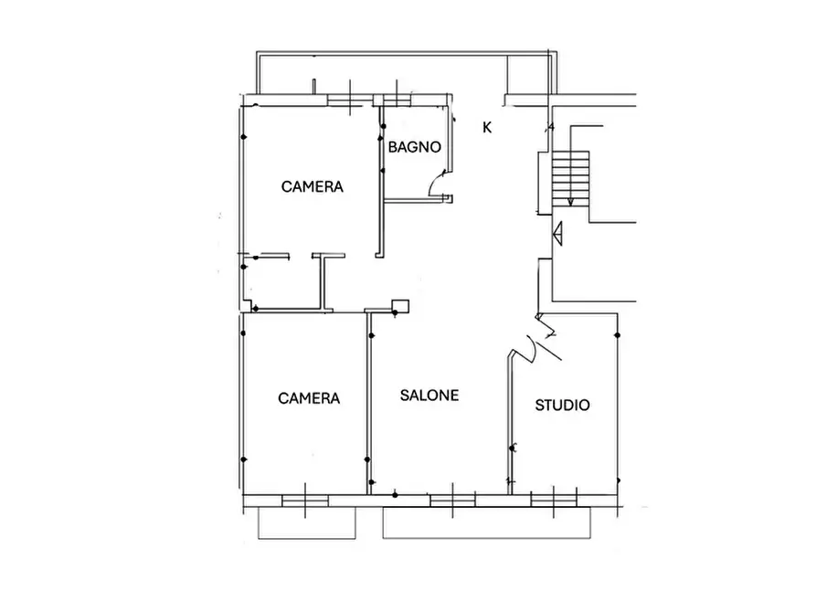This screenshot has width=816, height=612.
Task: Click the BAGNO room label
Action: (x=414, y=147)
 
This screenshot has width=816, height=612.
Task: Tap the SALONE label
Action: (x=429, y=396)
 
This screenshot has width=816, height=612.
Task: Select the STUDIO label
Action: (x=563, y=406)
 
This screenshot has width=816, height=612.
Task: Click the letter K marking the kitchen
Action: (x=487, y=128)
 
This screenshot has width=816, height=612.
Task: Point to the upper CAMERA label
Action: (x=313, y=187)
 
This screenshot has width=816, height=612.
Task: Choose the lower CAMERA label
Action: (x=309, y=398)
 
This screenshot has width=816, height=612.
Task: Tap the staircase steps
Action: (x=570, y=177)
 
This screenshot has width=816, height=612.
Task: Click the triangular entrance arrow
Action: (x=558, y=234)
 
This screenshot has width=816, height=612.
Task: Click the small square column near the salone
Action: (x=400, y=306)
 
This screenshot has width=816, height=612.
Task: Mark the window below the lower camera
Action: (x=305, y=501)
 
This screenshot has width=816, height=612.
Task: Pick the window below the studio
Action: (x=554, y=501)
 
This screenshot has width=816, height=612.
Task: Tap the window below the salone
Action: (x=452, y=501)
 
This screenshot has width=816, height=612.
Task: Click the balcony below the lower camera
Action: (x=307, y=523)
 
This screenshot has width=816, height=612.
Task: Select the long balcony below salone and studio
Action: (x=486, y=523)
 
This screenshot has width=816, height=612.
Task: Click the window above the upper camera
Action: (x=350, y=100)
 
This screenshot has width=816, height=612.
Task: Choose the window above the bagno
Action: (x=397, y=100)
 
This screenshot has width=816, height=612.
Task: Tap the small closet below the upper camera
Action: (x=283, y=284)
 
